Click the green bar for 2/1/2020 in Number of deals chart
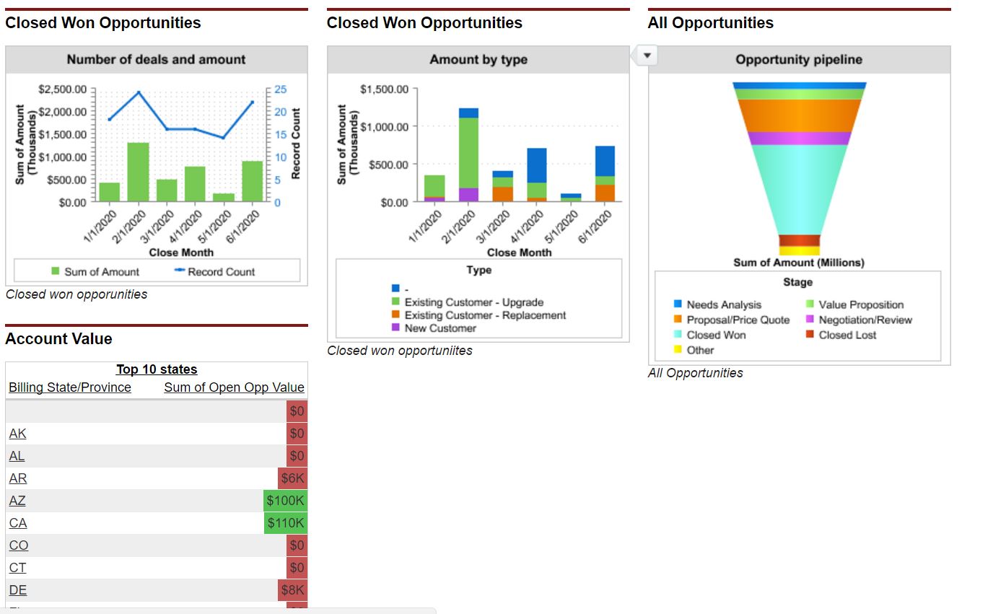(x=138, y=172)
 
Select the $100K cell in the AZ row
(x=286, y=501)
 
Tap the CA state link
(x=18, y=523)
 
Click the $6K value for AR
(x=293, y=478)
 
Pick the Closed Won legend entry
(x=716, y=335)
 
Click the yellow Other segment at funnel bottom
(x=799, y=251)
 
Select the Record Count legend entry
(x=221, y=272)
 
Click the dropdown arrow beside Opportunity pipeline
(x=647, y=56)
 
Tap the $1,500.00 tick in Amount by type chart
(x=384, y=89)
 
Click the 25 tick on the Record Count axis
(x=281, y=89)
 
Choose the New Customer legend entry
(x=440, y=328)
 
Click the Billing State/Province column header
(x=70, y=387)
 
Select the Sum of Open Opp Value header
(x=234, y=387)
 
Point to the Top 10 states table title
(x=157, y=369)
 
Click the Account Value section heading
(x=58, y=339)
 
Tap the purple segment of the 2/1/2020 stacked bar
(x=468, y=195)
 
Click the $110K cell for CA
(x=286, y=523)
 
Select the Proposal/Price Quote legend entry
(x=738, y=320)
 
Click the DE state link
(x=18, y=590)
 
